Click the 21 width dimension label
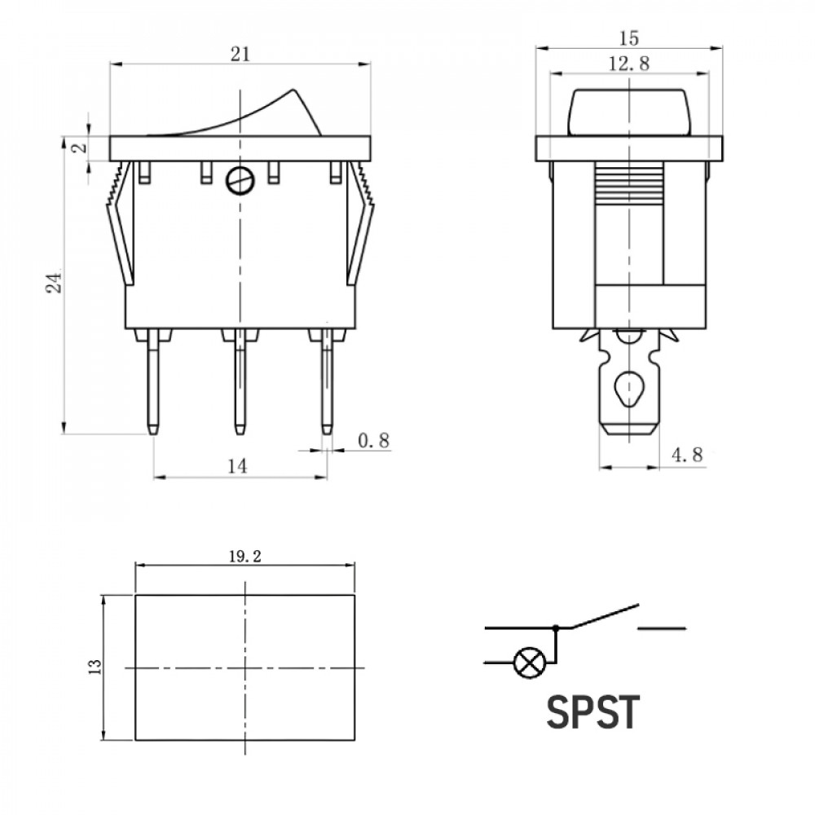pyautogui.click(x=240, y=54)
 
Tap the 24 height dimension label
pyautogui.click(x=54, y=281)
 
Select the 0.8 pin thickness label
pyautogui.click(x=373, y=441)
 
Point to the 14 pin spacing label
pyautogui.click(x=237, y=466)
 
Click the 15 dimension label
pyautogui.click(x=629, y=38)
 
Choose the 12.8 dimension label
pyautogui.click(x=629, y=64)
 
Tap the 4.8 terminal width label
pyautogui.click(x=687, y=455)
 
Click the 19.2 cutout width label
pyautogui.click(x=244, y=557)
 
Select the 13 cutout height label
pyautogui.click(x=95, y=667)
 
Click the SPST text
pyautogui.click(x=593, y=712)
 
